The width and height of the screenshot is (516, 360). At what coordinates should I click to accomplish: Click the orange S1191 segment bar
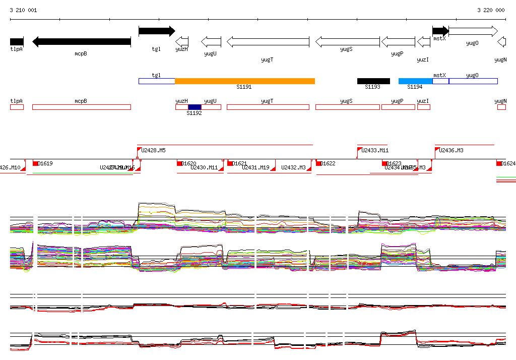pyautogui.click(x=244, y=81)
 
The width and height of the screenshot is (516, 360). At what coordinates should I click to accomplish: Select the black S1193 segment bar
pyautogui.click(x=373, y=81)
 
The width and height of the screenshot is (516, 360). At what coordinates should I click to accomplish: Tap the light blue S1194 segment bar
pyautogui.click(x=415, y=81)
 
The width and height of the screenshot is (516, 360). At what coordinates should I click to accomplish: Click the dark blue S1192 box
pyautogui.click(x=195, y=107)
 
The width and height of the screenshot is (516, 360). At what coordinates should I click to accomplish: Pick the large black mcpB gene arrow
pyautogui.click(x=81, y=41)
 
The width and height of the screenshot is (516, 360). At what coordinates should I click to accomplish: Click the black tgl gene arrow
pyautogui.click(x=157, y=31)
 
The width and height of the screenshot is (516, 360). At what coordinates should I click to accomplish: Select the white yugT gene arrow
pyautogui.click(x=268, y=41)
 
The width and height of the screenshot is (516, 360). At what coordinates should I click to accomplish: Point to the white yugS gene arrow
pyautogui.click(x=347, y=41)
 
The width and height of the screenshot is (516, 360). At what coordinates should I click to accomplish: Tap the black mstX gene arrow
pyautogui.click(x=440, y=31)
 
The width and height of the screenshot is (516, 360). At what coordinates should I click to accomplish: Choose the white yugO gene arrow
pyautogui.click(x=473, y=31)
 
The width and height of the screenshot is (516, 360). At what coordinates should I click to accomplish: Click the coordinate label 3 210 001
pyautogui.click(x=23, y=10)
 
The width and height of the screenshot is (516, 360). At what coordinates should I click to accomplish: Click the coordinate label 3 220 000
pyautogui.click(x=491, y=10)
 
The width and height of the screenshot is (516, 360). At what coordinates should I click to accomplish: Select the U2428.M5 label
pyautogui.click(x=153, y=150)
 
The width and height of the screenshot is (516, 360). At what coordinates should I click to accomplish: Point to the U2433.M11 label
pyautogui.click(x=375, y=150)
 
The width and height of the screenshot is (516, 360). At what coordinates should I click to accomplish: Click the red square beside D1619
pyautogui.click(x=35, y=163)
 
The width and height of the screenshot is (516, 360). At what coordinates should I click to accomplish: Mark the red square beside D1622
pyautogui.click(x=318, y=163)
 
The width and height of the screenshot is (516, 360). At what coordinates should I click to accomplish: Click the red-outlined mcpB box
pyautogui.click(x=81, y=107)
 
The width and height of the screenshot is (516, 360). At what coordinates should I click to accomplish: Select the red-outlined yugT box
pyautogui.click(x=268, y=107)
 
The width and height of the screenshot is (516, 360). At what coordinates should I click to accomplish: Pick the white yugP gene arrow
pyautogui.click(x=398, y=41)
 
